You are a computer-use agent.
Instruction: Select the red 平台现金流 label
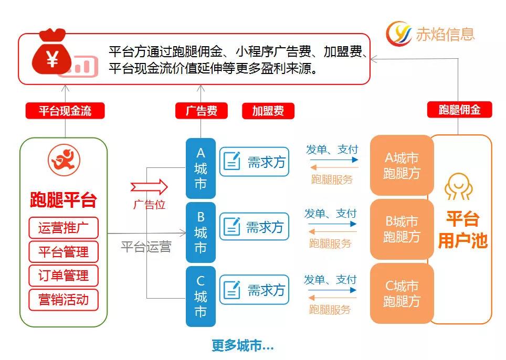click(x=65, y=111)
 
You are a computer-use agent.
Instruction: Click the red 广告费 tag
click(x=201, y=111)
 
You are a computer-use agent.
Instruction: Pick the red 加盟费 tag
click(x=268, y=111)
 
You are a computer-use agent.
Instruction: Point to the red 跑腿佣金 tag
click(x=459, y=110)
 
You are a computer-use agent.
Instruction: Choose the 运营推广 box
click(x=64, y=228)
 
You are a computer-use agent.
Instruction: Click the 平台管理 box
click(x=64, y=252)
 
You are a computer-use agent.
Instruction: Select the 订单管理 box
click(x=64, y=276)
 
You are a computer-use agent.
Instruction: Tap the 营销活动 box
click(x=64, y=300)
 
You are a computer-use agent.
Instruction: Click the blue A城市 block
click(x=201, y=168)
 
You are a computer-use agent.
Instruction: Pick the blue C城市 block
click(x=201, y=297)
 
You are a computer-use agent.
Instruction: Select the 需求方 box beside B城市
click(x=254, y=227)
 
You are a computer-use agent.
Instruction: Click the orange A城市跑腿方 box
click(x=402, y=165)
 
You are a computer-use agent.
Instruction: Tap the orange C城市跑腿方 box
click(x=402, y=293)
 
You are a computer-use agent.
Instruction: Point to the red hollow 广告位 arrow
click(x=149, y=186)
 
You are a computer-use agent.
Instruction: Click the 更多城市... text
click(x=243, y=346)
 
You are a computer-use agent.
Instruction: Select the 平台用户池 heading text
click(x=462, y=229)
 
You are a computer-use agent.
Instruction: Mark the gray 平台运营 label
click(x=146, y=247)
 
